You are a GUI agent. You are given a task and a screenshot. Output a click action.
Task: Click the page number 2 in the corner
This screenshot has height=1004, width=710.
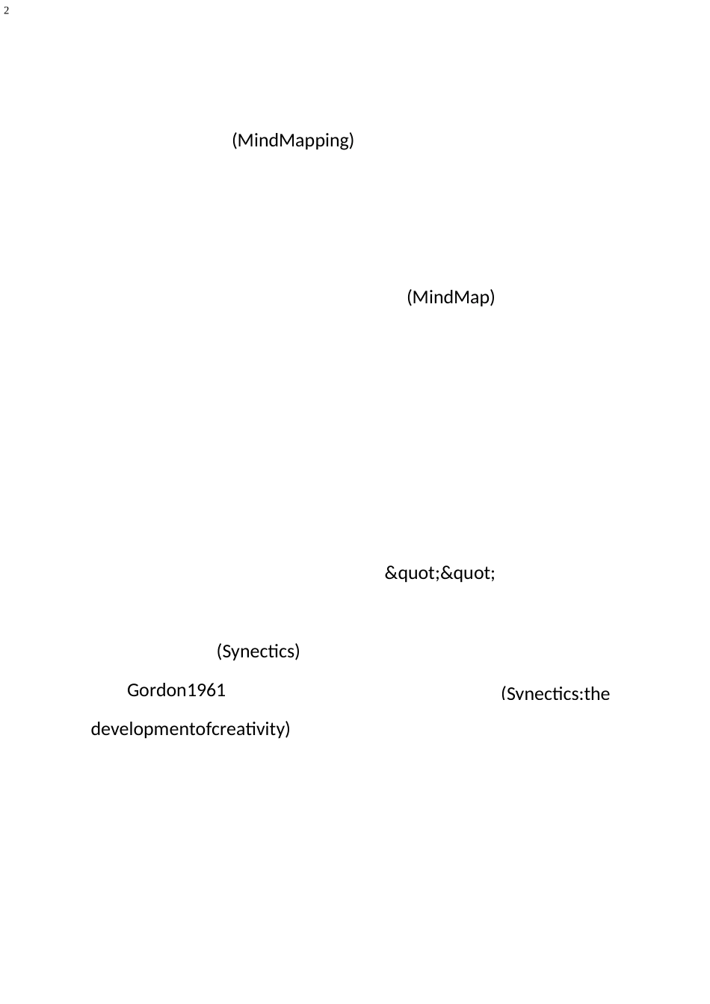tap(6, 11)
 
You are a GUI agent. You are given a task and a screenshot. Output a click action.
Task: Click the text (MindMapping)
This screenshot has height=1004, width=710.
tap(293, 140)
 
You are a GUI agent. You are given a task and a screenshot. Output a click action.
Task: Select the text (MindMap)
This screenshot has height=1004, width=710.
tap(451, 297)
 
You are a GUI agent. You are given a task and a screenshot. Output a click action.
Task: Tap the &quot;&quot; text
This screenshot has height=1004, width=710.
tap(439, 574)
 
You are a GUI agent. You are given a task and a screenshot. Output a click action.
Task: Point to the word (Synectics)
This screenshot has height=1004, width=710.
tap(258, 651)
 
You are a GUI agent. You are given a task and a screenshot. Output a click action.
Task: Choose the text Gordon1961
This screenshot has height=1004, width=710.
tap(176, 690)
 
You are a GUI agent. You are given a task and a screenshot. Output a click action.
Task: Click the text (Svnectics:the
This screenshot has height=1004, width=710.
tap(555, 694)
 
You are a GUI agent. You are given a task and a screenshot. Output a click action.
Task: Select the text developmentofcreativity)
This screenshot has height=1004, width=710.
tap(191, 729)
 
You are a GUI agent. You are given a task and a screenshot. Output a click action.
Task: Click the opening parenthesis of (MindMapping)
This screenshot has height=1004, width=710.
tap(235, 140)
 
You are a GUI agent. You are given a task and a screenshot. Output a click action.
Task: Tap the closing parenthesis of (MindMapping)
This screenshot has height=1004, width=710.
tap(351, 140)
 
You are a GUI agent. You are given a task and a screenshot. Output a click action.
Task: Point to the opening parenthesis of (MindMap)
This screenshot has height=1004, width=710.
tap(410, 297)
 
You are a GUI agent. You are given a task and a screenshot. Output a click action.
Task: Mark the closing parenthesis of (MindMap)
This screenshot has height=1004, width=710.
tap(493, 297)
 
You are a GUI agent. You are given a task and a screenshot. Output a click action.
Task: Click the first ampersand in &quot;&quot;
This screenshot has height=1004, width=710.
tap(390, 574)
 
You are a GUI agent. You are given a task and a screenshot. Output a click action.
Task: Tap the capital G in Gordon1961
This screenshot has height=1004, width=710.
tap(133, 690)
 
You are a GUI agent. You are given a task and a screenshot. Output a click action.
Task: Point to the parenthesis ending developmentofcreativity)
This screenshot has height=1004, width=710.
tap(287, 729)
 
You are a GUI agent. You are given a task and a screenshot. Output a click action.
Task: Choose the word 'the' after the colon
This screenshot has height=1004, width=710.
tap(597, 694)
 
